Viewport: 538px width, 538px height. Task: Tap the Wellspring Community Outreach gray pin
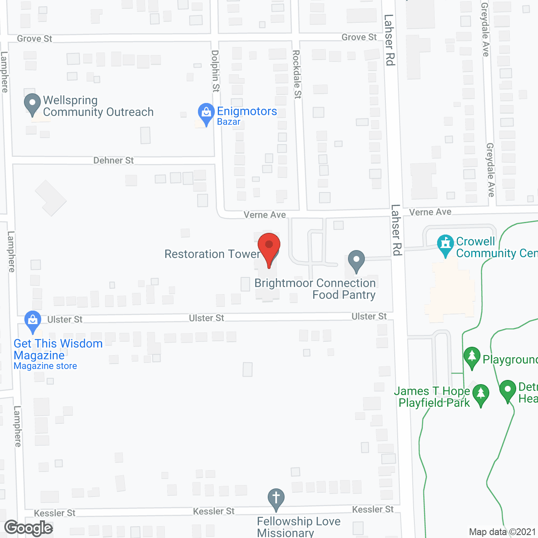click(x=32, y=103)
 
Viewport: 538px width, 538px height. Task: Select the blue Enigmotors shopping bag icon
click(x=206, y=113)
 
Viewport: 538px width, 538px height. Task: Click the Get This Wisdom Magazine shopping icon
click(x=33, y=321)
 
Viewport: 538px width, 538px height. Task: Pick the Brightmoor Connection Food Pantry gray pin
click(x=356, y=260)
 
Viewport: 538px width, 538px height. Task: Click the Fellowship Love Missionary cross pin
click(x=276, y=499)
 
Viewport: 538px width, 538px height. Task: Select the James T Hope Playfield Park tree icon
click(x=481, y=394)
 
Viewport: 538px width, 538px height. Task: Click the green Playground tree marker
click(x=472, y=357)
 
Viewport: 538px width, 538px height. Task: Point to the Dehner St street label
click(x=113, y=161)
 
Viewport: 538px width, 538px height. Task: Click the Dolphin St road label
click(x=215, y=71)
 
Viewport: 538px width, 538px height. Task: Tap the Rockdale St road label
click(x=297, y=74)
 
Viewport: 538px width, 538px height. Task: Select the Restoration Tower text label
click(x=212, y=254)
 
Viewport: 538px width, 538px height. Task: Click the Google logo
click(x=29, y=528)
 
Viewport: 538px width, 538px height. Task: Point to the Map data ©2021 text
click(x=502, y=532)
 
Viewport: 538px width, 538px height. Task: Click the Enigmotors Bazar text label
click(x=247, y=116)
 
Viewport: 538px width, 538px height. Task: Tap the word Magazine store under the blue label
click(x=45, y=366)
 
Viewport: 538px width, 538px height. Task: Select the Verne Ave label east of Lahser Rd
click(x=430, y=212)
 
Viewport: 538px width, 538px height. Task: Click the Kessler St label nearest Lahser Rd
click(x=373, y=509)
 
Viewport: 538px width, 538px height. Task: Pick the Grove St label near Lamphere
click(x=34, y=39)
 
